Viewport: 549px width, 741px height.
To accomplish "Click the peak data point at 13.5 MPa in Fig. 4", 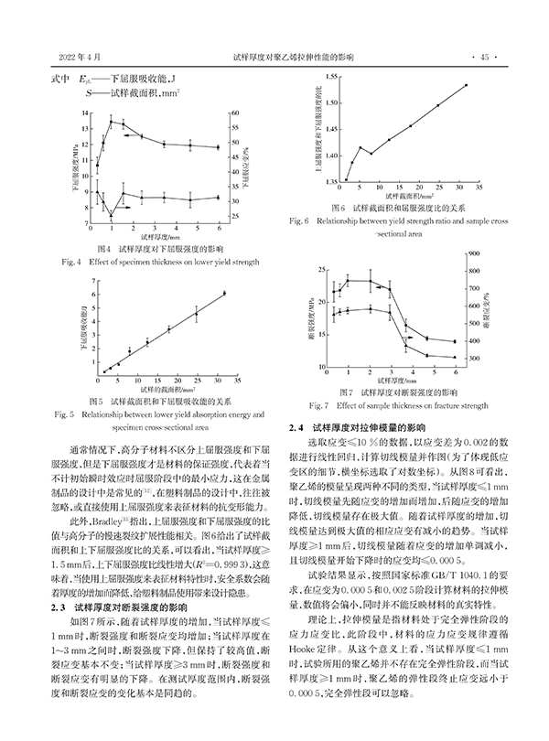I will point(111,121).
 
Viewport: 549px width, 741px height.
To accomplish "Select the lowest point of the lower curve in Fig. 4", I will point(110,214).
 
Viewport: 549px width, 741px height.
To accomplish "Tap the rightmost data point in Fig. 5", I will point(224,293).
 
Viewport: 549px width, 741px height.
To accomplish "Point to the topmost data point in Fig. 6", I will point(466,85).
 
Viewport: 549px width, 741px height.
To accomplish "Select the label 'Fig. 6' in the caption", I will point(298,220).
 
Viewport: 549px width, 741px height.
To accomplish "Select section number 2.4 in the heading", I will point(298,427).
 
